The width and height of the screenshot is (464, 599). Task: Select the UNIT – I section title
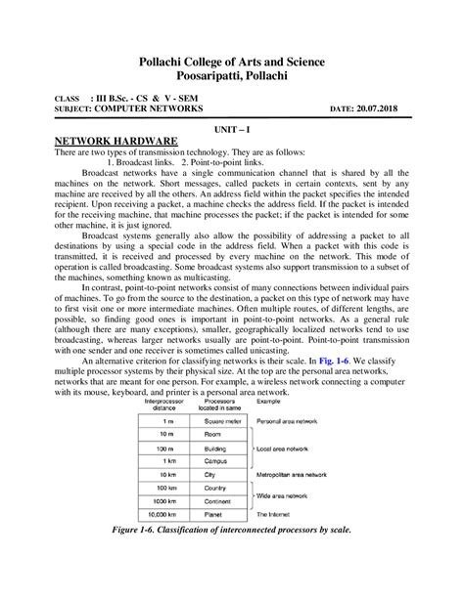(x=231, y=128)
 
